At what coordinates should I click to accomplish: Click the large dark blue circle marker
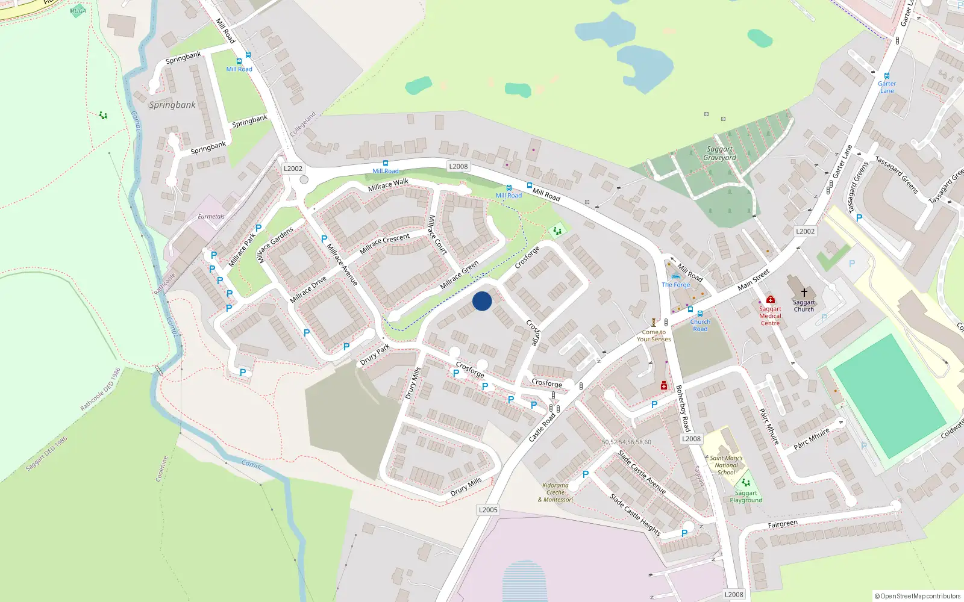coord(482,301)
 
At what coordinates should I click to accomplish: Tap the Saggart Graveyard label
coord(719,154)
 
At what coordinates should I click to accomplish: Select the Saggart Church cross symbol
coord(804,293)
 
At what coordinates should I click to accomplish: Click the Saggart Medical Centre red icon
coord(770,299)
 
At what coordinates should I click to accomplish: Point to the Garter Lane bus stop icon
coord(887,76)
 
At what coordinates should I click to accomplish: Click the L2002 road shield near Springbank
coord(293,169)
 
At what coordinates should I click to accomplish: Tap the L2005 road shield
coord(488,510)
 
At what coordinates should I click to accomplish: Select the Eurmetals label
coord(211,217)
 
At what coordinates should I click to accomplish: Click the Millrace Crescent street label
coord(384,243)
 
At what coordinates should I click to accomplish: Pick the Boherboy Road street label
coord(683,408)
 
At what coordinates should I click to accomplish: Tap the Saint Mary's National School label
coord(726,465)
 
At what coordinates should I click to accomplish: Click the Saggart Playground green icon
coord(746,483)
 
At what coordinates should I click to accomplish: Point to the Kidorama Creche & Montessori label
coord(556,492)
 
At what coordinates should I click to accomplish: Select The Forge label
coord(676,285)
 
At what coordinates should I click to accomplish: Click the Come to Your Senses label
coord(654,335)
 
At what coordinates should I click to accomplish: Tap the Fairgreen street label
coord(783,524)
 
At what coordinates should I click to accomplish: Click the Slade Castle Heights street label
coord(635,515)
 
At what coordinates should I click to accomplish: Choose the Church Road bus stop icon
coord(700,314)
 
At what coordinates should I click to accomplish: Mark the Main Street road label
coord(754,279)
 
